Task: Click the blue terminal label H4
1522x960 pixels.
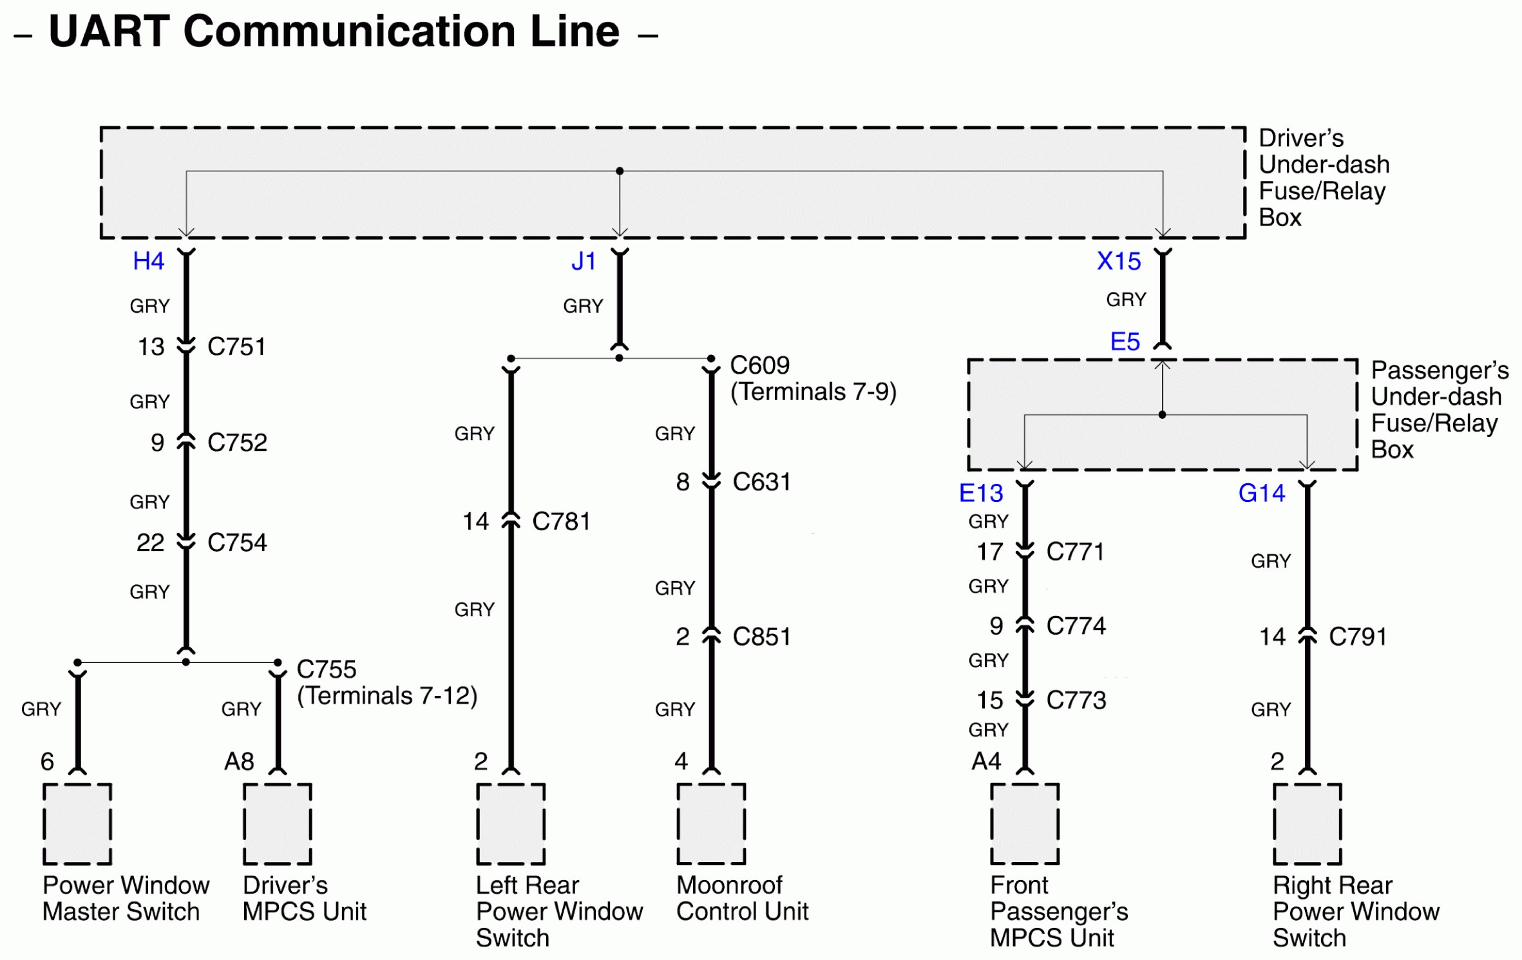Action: (148, 261)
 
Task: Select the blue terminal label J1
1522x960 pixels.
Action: (584, 261)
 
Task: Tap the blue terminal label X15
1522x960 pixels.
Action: (1119, 261)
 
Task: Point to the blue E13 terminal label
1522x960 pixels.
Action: (981, 493)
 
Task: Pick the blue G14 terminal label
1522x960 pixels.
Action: (1261, 493)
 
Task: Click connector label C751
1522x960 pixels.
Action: (236, 347)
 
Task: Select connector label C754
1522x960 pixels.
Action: (237, 542)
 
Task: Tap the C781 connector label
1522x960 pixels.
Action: (561, 521)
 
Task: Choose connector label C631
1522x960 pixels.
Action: (761, 482)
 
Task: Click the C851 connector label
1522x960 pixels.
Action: (761, 637)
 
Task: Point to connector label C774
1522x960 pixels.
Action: (1076, 626)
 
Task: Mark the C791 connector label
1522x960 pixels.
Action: (1357, 637)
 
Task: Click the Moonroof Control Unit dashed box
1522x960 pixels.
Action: (711, 824)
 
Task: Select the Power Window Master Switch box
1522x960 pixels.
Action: (77, 824)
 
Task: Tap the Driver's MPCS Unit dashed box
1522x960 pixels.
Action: (278, 824)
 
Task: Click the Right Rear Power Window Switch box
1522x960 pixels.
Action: (1307, 824)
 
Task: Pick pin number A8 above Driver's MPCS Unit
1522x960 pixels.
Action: (239, 762)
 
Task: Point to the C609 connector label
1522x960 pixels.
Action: (759, 365)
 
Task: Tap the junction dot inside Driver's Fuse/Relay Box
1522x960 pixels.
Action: (620, 171)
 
